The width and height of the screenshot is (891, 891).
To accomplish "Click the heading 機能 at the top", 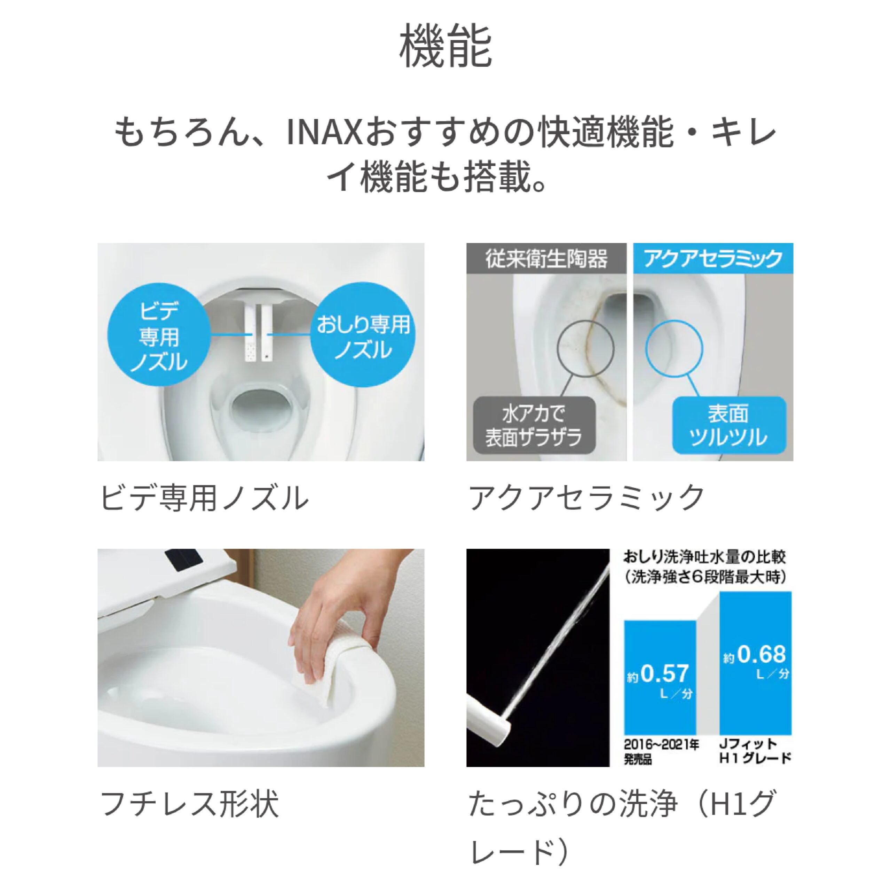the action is coord(445,46).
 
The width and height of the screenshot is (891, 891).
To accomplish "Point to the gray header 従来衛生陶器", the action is coord(546,258).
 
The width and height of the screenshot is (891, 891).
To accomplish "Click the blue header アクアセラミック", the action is coord(713,258).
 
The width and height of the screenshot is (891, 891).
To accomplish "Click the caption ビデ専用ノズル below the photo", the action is coord(204,498).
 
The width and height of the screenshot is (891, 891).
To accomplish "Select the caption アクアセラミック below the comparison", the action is coord(586,498).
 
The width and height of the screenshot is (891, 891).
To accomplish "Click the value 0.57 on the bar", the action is coord(664,674).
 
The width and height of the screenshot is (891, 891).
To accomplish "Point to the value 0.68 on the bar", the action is coord(761,654).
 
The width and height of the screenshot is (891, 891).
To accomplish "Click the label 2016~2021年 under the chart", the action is coord(661,745).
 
